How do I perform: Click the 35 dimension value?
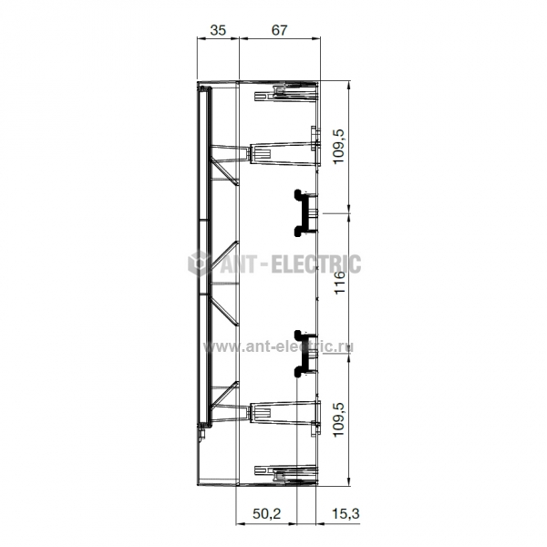(218, 30)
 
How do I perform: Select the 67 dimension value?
(280, 30)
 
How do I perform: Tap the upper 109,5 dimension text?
(339, 146)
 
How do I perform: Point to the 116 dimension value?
(339, 283)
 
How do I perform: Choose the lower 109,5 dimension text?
(339, 419)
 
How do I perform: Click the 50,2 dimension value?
(267, 513)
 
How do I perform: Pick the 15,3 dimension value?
(346, 513)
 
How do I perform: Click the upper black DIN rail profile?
(303, 213)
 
